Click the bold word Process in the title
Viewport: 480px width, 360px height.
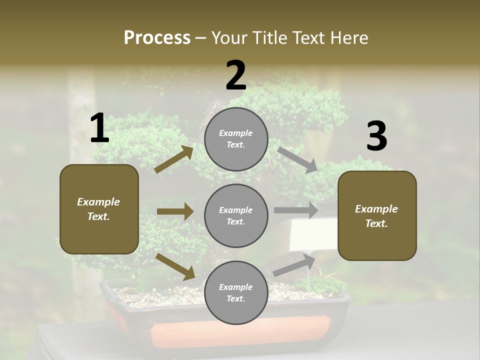pos(157,37)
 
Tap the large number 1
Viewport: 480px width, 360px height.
pos(99,128)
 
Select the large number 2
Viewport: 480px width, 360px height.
pos(236,75)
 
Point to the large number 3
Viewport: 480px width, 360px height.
pos(376,136)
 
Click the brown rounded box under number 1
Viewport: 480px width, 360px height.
pos(99,209)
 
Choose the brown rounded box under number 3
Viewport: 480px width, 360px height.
pos(377,216)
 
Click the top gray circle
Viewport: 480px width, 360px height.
pos(236,139)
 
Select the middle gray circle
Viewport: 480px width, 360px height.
pos(236,215)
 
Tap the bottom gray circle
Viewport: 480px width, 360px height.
pos(236,292)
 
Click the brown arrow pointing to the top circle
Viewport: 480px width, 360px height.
pos(173,159)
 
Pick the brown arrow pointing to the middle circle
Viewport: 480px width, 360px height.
pos(175,211)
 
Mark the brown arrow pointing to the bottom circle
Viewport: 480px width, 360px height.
pos(175,266)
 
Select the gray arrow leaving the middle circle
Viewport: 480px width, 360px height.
pos(295,210)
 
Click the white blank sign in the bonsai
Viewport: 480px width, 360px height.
pos(313,234)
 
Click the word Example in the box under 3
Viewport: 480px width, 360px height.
pos(376,209)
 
